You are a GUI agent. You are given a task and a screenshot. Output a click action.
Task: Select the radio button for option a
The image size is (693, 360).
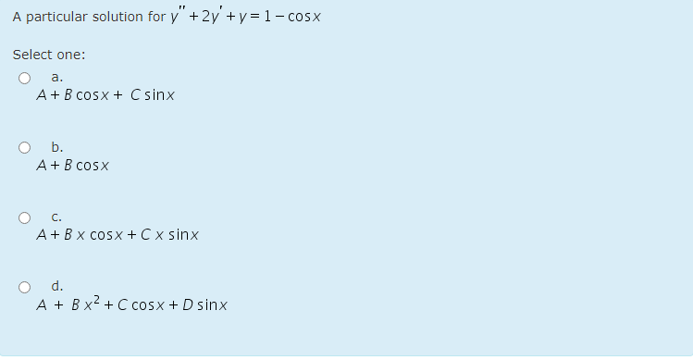tap(25, 78)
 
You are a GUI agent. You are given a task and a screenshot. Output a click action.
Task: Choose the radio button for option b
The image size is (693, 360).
tap(25, 147)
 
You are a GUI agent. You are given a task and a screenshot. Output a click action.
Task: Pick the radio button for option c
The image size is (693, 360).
tap(25, 217)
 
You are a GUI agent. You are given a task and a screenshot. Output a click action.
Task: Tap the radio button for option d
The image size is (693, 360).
tap(25, 286)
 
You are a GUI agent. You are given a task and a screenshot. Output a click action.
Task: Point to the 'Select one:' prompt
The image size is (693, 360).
tap(49, 54)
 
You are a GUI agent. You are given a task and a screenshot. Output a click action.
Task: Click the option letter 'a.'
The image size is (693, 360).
tap(57, 77)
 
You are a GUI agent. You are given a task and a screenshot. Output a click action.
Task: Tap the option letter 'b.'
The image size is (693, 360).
tap(57, 147)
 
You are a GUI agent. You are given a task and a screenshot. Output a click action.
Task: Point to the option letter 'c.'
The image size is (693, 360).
tap(57, 217)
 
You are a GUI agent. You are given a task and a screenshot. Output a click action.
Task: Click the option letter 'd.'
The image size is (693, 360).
tap(57, 286)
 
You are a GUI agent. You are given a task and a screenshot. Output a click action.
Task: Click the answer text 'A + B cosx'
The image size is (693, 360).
tap(74, 167)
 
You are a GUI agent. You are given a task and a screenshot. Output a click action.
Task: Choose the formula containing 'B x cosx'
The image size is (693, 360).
tap(118, 236)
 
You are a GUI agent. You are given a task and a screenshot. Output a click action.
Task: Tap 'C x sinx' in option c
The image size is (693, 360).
tap(173, 236)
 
